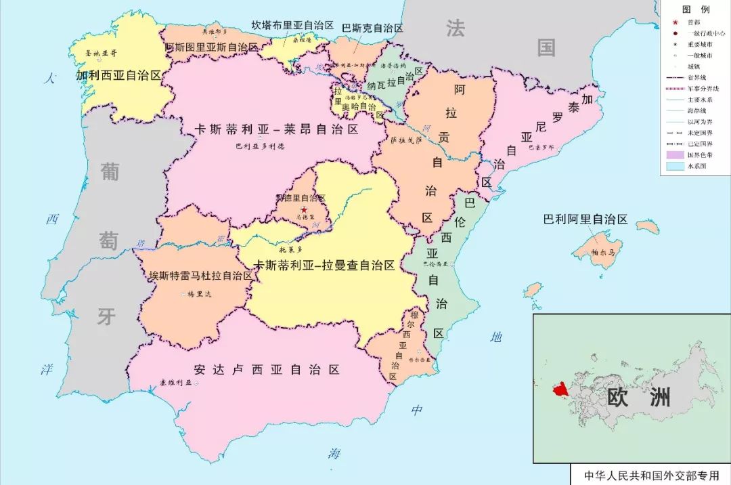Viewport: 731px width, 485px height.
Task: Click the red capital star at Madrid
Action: [x=304, y=210]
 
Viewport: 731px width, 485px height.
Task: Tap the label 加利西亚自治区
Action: [x=118, y=75]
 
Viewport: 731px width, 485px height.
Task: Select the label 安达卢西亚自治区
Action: [x=266, y=370]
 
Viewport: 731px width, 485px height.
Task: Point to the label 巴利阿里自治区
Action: [x=585, y=219]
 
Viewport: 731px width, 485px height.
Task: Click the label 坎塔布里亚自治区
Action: [x=293, y=25]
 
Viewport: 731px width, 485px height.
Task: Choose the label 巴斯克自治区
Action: [x=372, y=28]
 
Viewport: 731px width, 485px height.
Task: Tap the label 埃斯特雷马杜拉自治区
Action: [x=201, y=276]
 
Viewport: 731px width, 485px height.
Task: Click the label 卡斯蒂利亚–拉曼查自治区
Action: [x=324, y=266]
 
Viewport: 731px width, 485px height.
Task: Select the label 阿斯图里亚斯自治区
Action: [x=212, y=47]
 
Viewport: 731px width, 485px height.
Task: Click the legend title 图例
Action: [x=695, y=9]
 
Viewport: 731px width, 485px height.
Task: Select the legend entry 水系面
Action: [x=696, y=165]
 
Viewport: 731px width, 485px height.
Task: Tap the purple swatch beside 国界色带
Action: [x=674, y=154]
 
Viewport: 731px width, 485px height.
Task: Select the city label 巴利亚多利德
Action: [x=260, y=146]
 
